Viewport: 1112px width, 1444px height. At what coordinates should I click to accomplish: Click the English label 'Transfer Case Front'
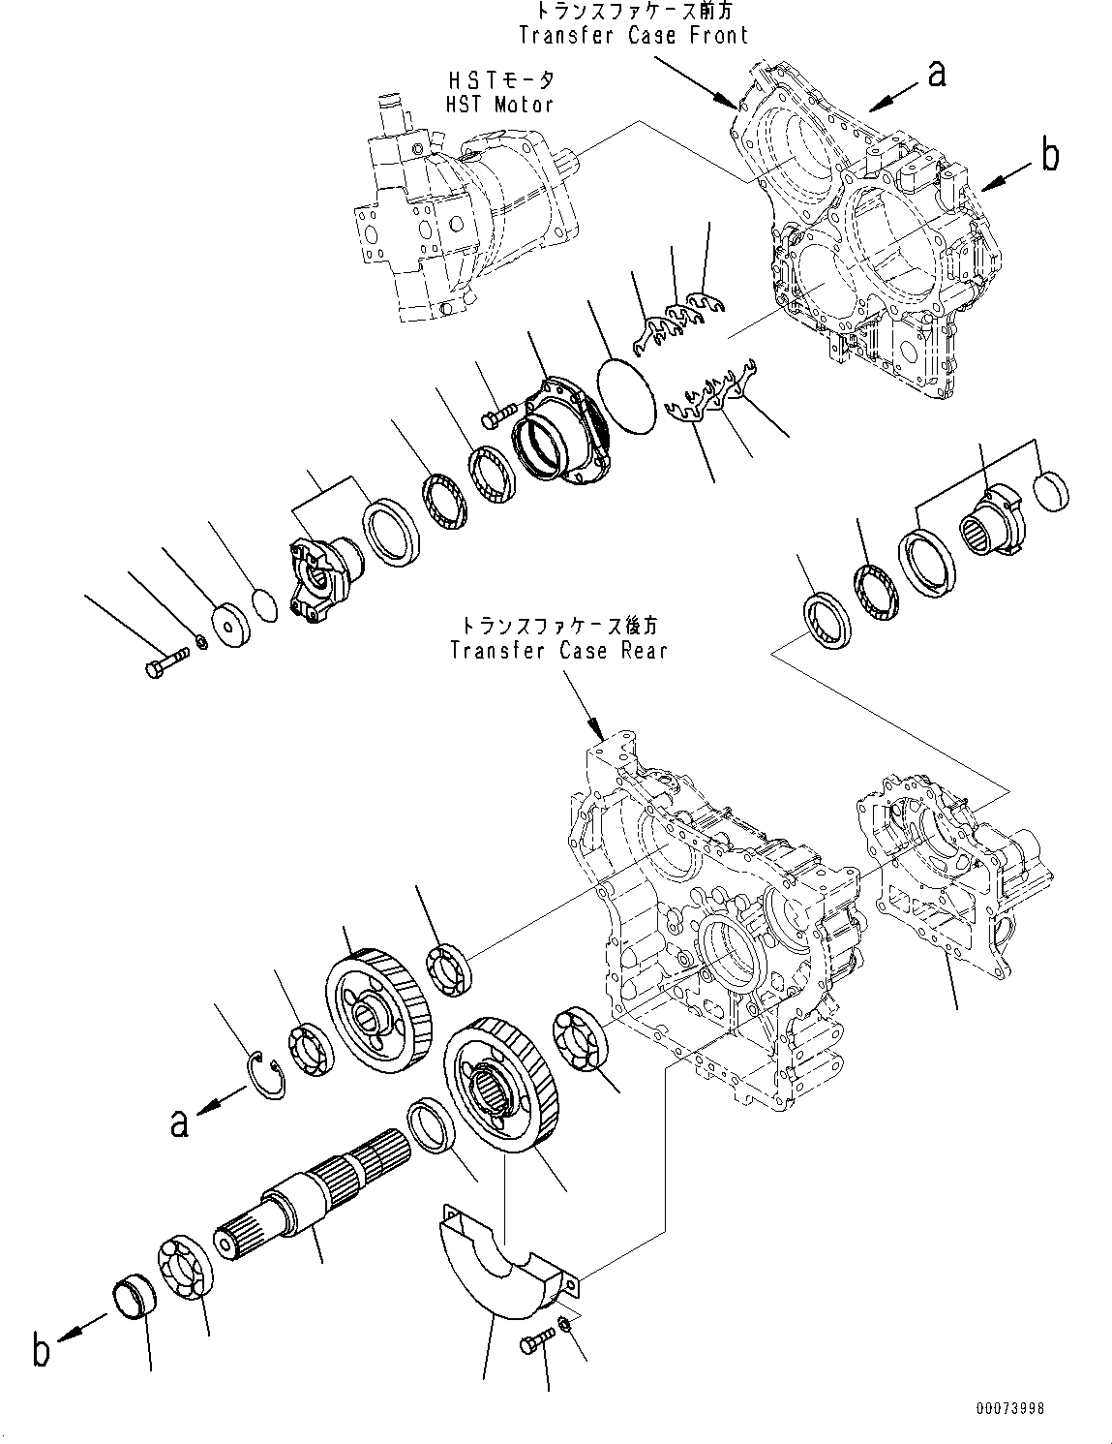pos(633,36)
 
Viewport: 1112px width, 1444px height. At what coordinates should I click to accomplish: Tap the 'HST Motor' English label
pos(499,105)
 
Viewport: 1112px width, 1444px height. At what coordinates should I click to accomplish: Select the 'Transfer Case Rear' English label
pos(558,651)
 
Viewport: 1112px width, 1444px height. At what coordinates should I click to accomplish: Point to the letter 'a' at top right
pos(936,74)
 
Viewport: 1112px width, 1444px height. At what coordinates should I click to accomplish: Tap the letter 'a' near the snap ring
pos(178,1122)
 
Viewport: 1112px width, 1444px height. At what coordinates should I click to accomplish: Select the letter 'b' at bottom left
pos(40,1351)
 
